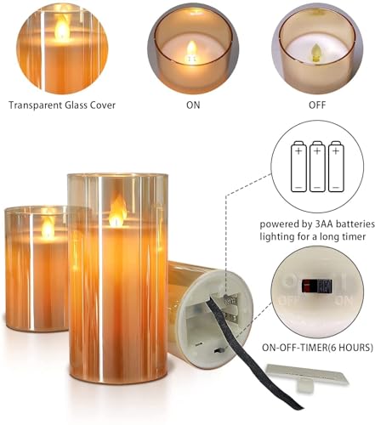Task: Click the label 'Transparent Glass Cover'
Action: pos(61,105)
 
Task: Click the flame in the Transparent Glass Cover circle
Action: pos(61,30)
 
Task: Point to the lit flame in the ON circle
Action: pos(190,47)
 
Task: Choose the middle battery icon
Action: pos(318,166)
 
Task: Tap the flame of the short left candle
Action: pos(48,226)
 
